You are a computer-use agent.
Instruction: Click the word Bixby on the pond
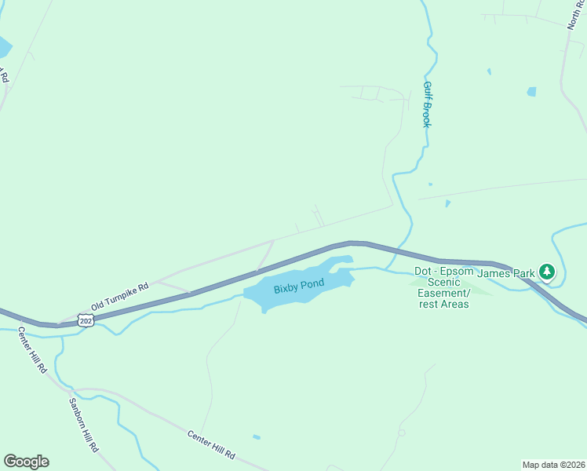tap(287, 289)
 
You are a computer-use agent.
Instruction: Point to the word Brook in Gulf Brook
tap(428, 115)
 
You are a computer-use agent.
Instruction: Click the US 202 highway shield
tap(86, 321)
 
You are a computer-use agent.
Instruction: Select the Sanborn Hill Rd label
tap(82, 424)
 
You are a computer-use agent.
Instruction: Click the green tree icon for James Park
tap(547, 272)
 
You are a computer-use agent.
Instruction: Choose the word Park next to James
tap(523, 273)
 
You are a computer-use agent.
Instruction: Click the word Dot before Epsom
tap(423, 271)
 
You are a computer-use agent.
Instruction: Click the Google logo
tap(26, 462)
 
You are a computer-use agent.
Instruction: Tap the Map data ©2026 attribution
tap(553, 464)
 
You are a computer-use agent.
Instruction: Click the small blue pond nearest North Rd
tap(531, 92)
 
